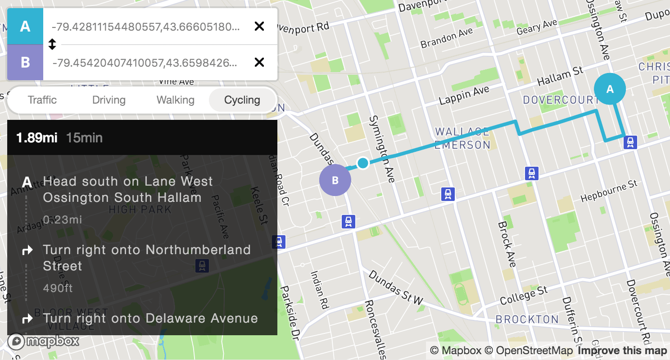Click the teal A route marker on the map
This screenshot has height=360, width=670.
click(610, 89)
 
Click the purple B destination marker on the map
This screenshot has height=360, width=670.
click(335, 180)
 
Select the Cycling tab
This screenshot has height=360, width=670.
click(242, 100)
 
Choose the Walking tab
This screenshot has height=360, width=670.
click(175, 100)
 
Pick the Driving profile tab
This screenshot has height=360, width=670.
click(109, 100)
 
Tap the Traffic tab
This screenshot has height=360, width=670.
click(42, 100)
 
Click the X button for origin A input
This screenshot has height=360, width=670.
click(259, 26)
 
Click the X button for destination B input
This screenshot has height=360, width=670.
click(259, 62)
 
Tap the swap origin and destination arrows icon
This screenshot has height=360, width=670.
click(52, 44)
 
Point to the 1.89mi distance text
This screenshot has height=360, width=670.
click(36, 137)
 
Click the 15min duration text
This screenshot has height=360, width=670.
click(84, 137)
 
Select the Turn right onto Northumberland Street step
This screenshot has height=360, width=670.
click(146, 258)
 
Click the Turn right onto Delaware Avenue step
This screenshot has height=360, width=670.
click(150, 318)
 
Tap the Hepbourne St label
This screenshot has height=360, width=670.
click(609, 191)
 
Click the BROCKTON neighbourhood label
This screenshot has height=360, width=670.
click(527, 319)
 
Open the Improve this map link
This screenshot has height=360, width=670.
click(622, 351)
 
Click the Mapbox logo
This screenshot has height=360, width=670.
click(43, 341)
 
